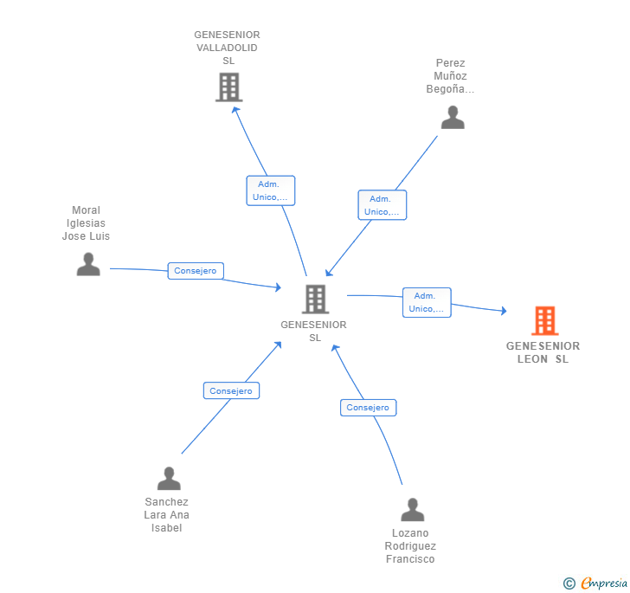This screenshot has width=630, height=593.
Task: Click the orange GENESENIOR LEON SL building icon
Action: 544,321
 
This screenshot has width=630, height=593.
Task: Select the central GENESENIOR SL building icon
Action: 314,300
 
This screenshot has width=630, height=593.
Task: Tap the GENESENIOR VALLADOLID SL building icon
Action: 228,87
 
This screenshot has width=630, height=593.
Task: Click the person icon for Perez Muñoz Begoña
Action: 452,118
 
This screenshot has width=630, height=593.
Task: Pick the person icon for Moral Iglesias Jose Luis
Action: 88,264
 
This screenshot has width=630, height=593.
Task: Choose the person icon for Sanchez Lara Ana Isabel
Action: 169,478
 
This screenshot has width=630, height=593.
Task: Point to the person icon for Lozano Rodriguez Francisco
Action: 413,510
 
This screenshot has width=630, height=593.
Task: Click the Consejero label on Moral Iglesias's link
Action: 195,271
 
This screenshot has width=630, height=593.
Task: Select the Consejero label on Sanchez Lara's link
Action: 231,390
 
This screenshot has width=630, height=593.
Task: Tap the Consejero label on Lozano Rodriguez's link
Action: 368,408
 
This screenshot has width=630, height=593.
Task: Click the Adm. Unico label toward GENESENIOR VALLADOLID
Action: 270,190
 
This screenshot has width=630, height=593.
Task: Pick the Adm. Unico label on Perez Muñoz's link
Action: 382,205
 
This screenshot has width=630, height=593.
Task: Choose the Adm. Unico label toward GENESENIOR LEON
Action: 427,302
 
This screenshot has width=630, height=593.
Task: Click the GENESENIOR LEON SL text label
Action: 543,352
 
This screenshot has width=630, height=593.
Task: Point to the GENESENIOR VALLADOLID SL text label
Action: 228,48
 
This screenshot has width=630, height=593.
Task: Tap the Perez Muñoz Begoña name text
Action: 451,76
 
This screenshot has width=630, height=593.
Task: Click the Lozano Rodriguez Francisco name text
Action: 410,546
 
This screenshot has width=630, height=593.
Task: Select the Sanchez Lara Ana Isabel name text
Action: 166,515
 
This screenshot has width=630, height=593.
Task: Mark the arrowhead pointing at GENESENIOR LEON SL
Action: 504,311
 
